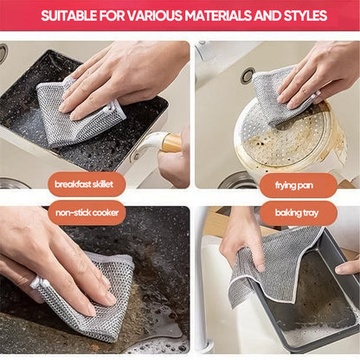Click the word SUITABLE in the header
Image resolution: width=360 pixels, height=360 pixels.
click(x=72, y=16)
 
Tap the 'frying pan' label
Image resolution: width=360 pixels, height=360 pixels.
click(x=298, y=184)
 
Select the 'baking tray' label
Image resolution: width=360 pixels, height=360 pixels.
click(x=298, y=212)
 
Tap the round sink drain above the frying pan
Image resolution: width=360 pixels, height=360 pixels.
click(x=248, y=76)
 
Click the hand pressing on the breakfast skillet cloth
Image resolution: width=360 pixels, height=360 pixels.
click(x=121, y=74)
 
